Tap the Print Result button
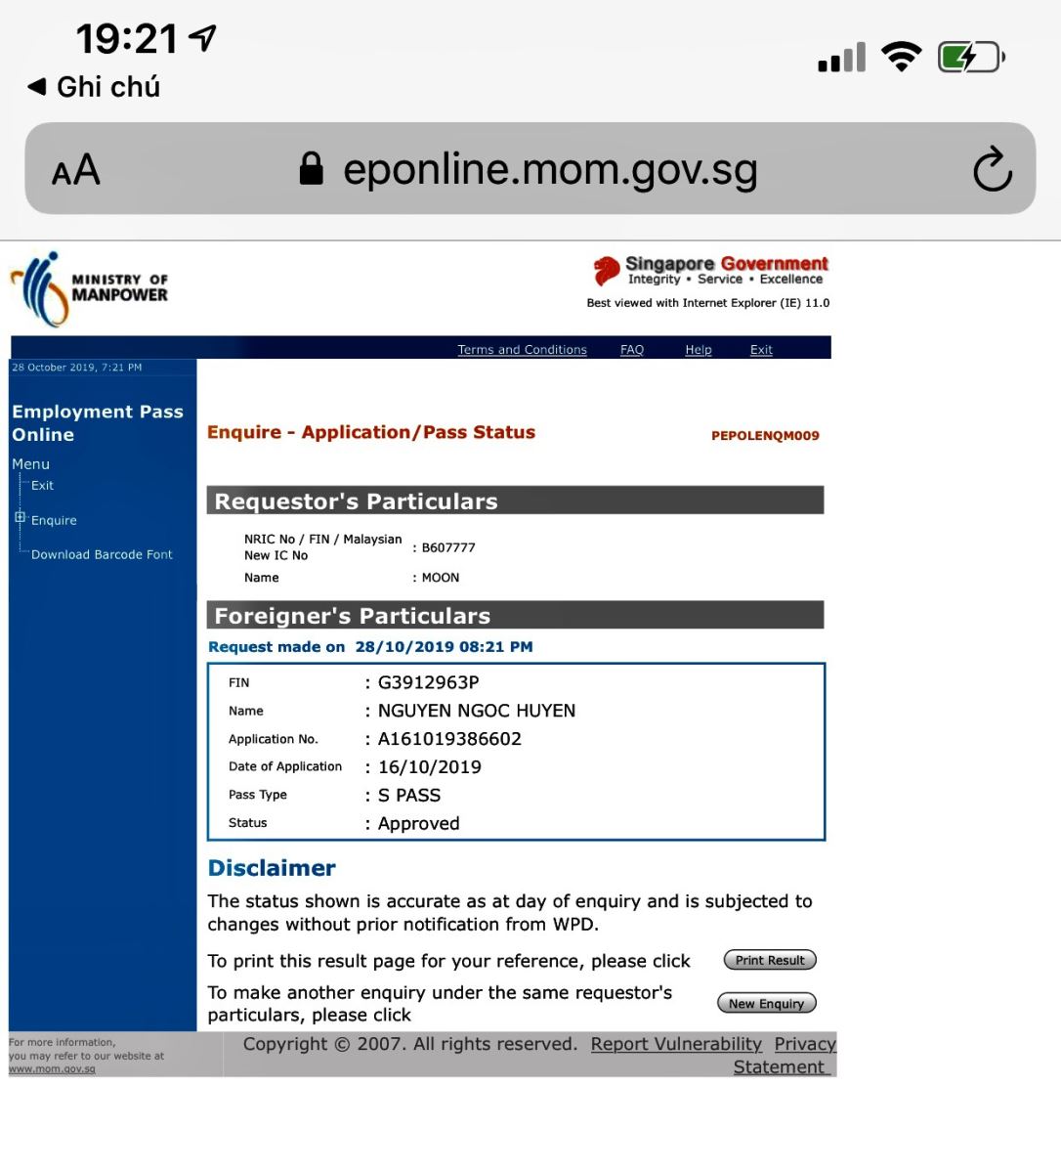pyautogui.click(x=770, y=960)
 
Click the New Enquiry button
pyautogui.click(x=766, y=1003)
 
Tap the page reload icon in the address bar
pyautogui.click(x=992, y=169)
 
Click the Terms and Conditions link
pyautogui.click(x=522, y=349)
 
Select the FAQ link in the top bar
pyautogui.click(x=632, y=349)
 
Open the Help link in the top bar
pyautogui.click(x=699, y=349)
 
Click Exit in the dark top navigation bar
pyautogui.click(x=761, y=349)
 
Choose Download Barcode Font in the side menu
pyautogui.click(x=102, y=554)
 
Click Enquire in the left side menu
pyautogui.click(x=54, y=520)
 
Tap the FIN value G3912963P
pyautogui.click(x=429, y=682)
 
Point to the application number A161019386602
pyautogui.click(x=450, y=739)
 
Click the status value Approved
pyautogui.click(x=419, y=823)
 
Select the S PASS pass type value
pyautogui.click(x=409, y=795)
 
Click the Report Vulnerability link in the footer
pyautogui.click(x=676, y=1044)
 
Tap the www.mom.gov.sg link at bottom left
pyautogui.click(x=52, y=1068)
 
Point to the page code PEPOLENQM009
pyautogui.click(x=765, y=436)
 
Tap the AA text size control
pyautogui.click(x=76, y=170)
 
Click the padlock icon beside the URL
pyautogui.click(x=312, y=168)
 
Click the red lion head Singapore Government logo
pyautogui.click(x=607, y=270)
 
